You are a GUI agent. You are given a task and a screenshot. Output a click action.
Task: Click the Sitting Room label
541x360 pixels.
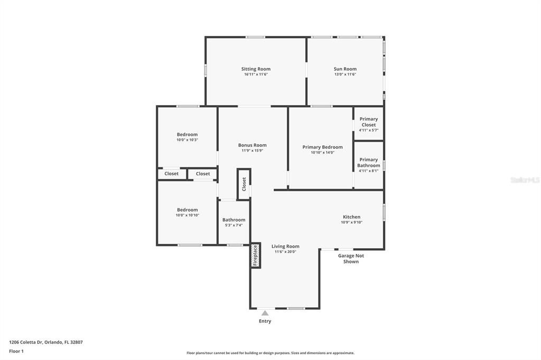point(256,69)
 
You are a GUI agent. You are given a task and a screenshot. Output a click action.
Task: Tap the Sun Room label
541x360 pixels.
point(345,69)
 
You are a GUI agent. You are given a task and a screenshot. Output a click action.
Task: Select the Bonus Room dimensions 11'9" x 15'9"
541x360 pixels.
point(252,151)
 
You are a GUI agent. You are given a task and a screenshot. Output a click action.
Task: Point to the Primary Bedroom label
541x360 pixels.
point(322,147)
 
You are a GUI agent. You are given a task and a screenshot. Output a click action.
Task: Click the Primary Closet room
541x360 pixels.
point(368,124)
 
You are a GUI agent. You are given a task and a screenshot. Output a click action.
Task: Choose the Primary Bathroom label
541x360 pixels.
point(368,163)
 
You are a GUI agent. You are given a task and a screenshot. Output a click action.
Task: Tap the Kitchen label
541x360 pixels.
point(351,217)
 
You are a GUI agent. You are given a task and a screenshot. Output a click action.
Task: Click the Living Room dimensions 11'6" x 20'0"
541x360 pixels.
point(285,252)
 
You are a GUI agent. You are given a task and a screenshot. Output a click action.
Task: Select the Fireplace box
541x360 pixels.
point(255,255)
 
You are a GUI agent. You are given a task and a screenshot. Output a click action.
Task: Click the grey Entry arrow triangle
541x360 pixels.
point(265,313)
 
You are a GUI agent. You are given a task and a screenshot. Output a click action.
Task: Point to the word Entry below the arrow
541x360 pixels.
point(265,321)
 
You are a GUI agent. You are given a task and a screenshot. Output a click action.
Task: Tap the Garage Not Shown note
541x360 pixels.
point(351,259)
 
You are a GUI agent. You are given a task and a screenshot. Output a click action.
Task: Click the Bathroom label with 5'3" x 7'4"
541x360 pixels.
point(234,220)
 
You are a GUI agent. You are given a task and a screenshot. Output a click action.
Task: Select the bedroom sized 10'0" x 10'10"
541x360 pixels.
point(187,212)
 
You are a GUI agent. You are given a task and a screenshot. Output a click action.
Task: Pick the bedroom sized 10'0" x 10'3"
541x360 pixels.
point(187,137)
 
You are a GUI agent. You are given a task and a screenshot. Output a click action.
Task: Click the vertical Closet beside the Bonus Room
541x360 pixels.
point(244,184)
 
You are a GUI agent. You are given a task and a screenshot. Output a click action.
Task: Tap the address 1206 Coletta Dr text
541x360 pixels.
point(45,342)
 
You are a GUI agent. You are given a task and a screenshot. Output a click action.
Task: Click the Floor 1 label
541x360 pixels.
point(16,351)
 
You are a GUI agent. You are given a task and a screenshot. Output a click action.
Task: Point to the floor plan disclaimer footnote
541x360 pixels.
point(270,353)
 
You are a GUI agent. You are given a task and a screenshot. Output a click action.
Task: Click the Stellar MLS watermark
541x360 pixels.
point(524,180)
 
